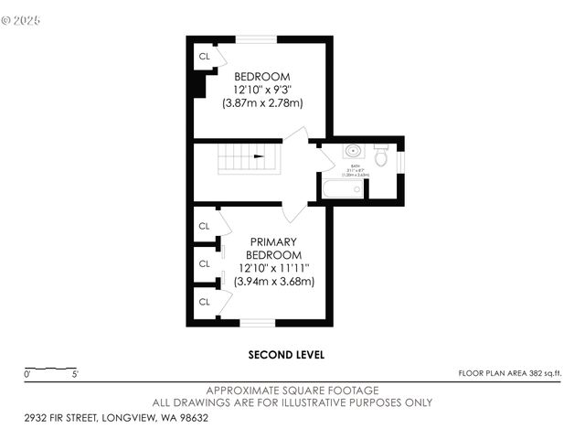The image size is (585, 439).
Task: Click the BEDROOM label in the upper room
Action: [262, 76]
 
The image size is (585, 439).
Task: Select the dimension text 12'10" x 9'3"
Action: [262, 90]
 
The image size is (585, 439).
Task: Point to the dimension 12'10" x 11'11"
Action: [274, 268]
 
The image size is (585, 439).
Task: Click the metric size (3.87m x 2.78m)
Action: [262, 103]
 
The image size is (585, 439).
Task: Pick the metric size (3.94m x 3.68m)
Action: [274, 282]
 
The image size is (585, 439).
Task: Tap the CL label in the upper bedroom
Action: [204, 57]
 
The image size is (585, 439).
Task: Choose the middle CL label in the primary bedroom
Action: [204, 264]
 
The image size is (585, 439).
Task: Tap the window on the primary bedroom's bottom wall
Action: [258, 322]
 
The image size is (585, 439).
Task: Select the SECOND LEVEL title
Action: [286, 355]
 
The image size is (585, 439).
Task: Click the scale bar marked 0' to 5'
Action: [51, 369]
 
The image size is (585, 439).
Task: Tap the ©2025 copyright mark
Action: [22, 18]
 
